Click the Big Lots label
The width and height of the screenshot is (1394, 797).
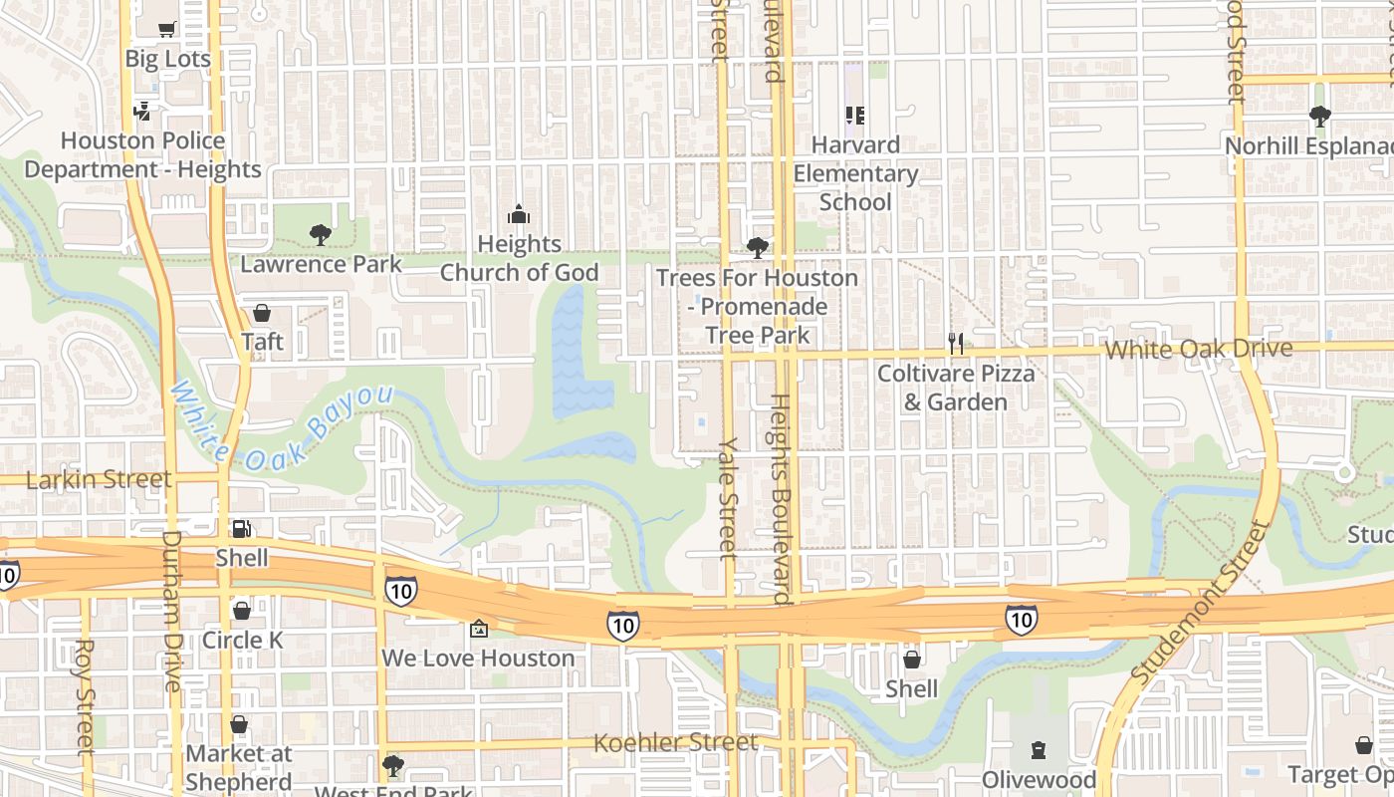[x=167, y=59]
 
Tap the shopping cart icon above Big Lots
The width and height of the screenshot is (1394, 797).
[x=167, y=29]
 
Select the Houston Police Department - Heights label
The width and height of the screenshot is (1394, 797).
[x=142, y=155]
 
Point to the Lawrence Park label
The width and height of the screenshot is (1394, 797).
[x=321, y=264]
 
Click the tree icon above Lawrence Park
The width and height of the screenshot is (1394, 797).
[x=321, y=235]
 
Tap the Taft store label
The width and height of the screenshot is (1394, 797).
[x=262, y=342]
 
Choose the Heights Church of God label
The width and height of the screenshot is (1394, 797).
[x=519, y=258]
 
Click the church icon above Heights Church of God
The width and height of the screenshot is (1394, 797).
[x=519, y=214]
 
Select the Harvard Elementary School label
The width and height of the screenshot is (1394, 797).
[x=855, y=173]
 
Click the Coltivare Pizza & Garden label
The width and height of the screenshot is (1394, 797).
[x=956, y=388]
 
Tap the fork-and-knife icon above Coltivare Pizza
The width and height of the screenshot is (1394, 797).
[x=956, y=344]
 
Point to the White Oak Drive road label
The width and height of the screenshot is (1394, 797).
[x=1199, y=349]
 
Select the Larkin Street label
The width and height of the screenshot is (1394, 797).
[x=99, y=479]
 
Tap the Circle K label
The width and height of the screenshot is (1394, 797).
[x=242, y=640]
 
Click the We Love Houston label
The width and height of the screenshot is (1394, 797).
[x=478, y=658]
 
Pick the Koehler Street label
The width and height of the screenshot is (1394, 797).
[x=675, y=742]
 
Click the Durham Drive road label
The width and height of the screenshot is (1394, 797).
[x=171, y=610]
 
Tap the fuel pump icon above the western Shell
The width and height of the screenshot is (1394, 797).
[x=241, y=528]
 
